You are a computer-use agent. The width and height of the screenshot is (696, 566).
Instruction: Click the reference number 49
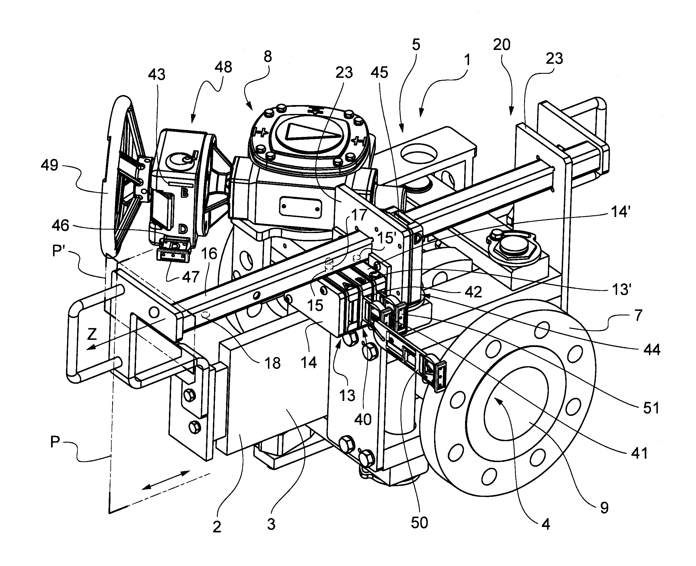[50, 165]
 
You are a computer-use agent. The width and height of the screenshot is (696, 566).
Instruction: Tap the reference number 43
[156, 75]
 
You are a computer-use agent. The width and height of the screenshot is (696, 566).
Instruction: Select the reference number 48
[223, 67]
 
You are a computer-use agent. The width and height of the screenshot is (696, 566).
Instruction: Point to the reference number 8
[267, 57]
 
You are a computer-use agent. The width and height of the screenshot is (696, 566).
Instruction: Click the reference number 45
[379, 72]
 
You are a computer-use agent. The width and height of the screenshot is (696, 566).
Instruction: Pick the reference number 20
[501, 44]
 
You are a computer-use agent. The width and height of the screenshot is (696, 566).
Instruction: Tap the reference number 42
[473, 292]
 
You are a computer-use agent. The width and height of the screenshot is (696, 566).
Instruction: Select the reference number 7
[638, 315]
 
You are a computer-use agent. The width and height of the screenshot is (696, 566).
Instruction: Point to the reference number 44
[652, 350]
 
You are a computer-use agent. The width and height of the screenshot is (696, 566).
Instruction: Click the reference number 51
[651, 408]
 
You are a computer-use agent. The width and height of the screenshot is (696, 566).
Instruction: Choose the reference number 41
[639, 453]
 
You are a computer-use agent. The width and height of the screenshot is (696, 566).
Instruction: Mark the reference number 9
[604, 508]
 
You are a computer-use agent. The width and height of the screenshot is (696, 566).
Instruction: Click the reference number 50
[419, 523]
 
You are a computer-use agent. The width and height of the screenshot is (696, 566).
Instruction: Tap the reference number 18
[273, 363]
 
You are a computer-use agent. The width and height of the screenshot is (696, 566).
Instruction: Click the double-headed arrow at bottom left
[166, 480]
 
